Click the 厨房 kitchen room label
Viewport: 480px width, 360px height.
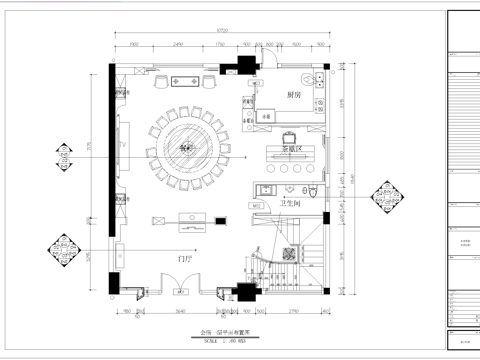point(294,95)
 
